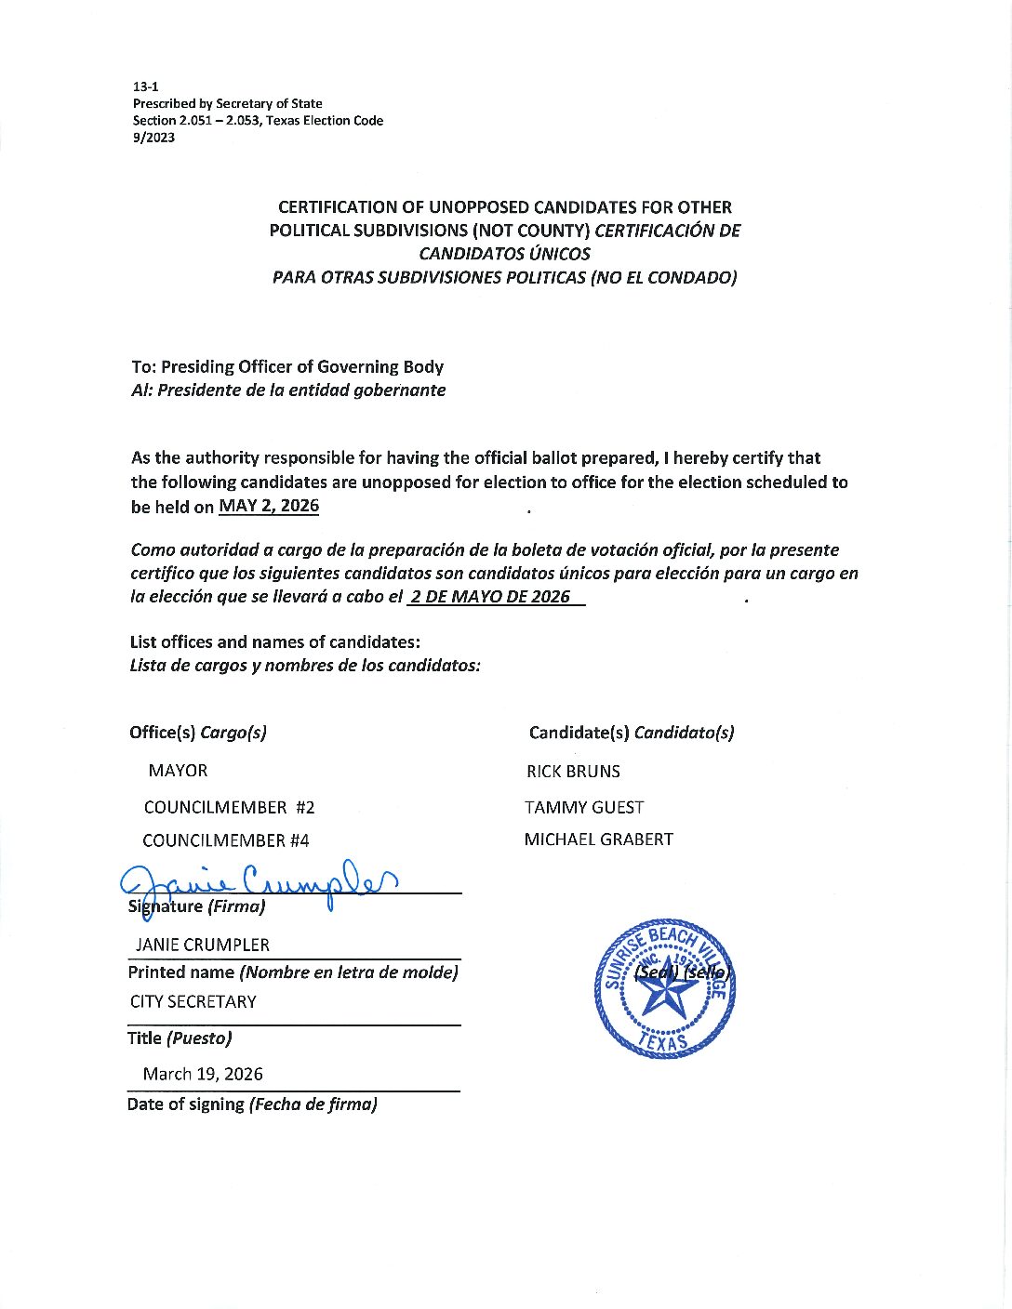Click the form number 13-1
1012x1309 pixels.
click(145, 86)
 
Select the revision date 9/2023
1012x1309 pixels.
click(153, 138)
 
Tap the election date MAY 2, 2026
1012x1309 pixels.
click(269, 506)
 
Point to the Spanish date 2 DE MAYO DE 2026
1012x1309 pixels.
click(490, 597)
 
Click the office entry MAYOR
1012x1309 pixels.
click(178, 771)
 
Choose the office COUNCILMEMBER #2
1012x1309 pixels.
click(229, 807)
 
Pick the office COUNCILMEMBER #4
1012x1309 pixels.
click(225, 840)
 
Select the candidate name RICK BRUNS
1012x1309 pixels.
click(573, 772)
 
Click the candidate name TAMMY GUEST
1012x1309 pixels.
click(584, 807)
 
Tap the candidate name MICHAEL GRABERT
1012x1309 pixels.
click(598, 840)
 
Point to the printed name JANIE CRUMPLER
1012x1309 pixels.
click(202, 945)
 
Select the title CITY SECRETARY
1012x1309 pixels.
click(193, 1001)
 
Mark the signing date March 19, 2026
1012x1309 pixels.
click(202, 1074)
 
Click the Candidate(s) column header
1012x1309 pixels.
click(631, 733)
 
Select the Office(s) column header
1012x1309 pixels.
click(198, 733)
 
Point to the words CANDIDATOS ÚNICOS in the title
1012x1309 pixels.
click(504, 253)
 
